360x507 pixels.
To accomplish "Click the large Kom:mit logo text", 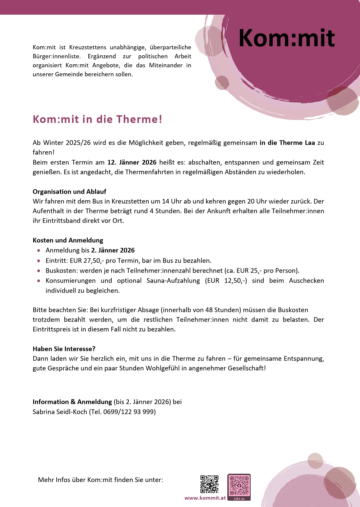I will tap(287, 38).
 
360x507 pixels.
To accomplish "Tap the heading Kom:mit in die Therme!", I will tap(97, 119).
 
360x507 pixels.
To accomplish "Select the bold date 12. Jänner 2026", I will tap(132, 162).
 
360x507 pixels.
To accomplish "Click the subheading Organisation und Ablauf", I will tap(69, 192).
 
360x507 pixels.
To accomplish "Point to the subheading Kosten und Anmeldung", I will tap(68, 240).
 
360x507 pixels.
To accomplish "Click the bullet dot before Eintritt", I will tap(39, 261).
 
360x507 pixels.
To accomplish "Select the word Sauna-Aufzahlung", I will tap(173, 280).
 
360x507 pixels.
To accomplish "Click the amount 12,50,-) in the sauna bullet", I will tap(236, 280).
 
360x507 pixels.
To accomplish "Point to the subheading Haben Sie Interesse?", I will tap(64, 349).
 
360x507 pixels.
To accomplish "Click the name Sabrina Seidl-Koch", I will tap(60, 412).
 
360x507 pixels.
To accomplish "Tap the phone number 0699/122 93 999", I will tap(128, 412).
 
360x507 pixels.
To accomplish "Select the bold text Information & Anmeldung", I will tap(72, 402).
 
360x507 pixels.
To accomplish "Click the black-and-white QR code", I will tap(209, 484).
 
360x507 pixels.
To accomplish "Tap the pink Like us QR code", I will tap(239, 486).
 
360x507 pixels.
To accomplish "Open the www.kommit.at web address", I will tap(205, 498).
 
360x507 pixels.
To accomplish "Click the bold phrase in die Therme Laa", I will tap(287, 143).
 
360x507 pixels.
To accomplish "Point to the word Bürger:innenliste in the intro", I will tap(56, 56).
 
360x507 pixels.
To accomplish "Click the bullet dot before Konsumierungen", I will tap(39, 281).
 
